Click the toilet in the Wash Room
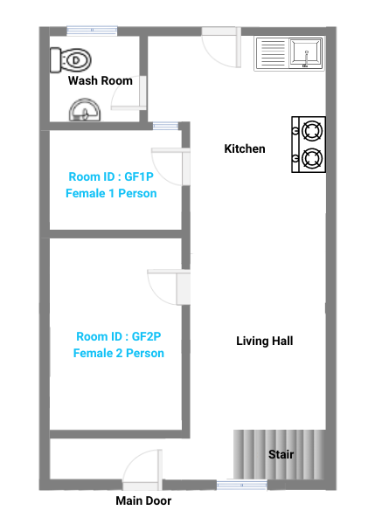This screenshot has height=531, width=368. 71,60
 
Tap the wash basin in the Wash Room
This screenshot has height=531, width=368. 85,110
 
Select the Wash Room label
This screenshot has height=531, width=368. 101,80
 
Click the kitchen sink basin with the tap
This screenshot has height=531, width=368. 306,52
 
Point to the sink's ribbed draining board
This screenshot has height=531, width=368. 273,53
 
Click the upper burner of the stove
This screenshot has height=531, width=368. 312,131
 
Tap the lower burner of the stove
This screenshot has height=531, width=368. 312,158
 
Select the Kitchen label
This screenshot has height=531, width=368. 245,148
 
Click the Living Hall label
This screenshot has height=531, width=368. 265,341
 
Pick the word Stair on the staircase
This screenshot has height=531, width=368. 281,454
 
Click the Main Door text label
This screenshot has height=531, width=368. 143,500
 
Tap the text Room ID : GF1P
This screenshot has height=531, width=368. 111,176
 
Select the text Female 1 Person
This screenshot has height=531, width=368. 111,193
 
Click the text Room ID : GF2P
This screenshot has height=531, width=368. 119,336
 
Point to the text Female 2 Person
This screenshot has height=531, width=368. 119,353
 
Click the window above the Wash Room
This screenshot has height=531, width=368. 92,31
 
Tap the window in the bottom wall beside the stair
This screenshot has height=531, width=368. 241,486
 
